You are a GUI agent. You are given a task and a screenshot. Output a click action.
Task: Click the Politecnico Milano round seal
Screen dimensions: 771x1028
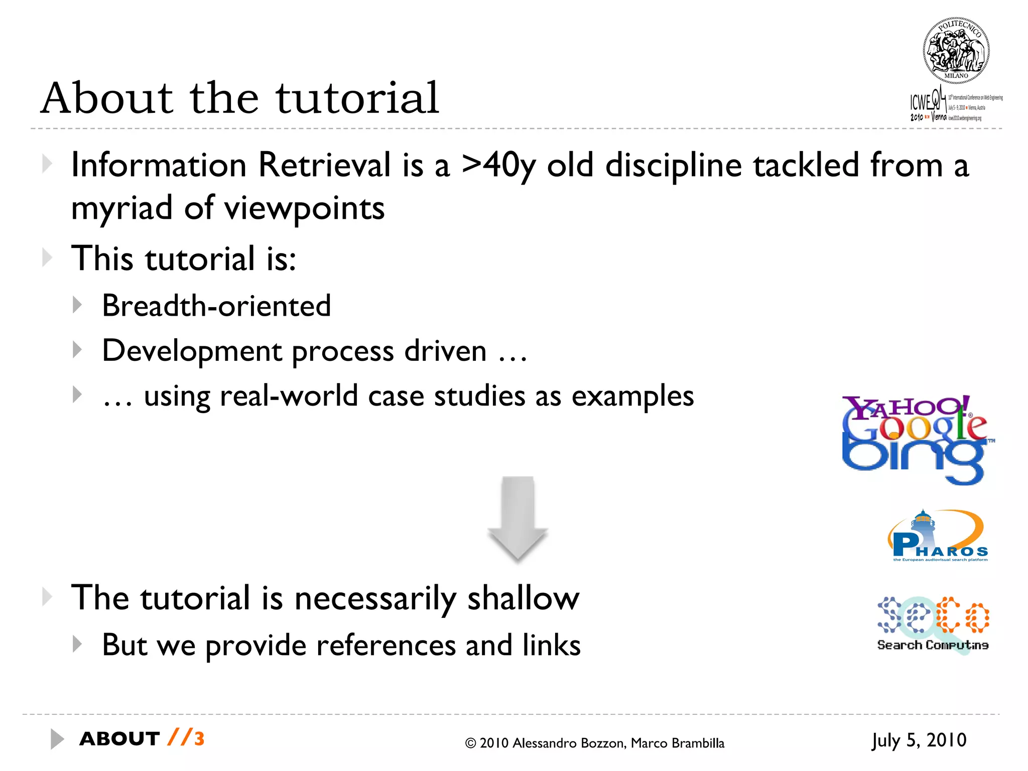956,51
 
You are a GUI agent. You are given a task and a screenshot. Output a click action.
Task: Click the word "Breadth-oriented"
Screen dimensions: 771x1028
216,306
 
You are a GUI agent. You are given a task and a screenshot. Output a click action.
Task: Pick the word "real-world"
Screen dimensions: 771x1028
288,396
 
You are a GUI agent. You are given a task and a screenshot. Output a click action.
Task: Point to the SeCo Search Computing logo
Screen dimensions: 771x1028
933,624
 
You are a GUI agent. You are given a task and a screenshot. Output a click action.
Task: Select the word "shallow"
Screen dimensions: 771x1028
523,598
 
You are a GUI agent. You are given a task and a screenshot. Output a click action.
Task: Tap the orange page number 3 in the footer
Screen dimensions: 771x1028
199,739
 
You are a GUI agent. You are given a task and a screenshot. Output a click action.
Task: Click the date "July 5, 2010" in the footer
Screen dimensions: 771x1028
919,740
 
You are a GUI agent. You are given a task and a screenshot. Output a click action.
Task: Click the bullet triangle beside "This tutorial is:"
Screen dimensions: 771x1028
47,258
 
